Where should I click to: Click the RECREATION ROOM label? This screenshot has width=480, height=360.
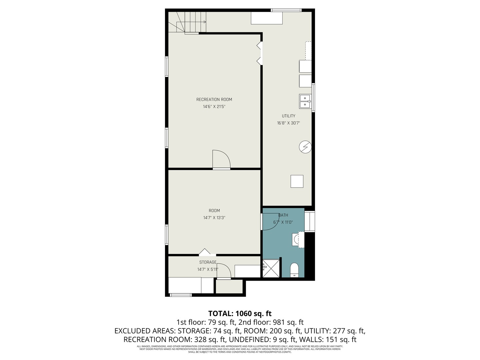point(214,99)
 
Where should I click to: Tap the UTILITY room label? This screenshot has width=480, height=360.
point(288,116)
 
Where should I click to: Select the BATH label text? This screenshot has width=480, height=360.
point(283,215)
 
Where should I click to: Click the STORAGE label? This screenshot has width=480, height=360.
point(208,262)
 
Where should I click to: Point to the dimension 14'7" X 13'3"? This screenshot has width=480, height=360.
point(214,218)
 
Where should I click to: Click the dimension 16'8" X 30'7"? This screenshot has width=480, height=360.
point(288,123)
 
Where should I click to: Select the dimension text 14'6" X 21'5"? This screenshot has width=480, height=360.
point(214,107)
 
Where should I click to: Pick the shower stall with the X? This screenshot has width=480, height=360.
point(271,268)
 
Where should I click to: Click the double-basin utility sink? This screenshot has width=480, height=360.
point(305,101)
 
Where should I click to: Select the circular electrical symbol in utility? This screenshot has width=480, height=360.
point(305,147)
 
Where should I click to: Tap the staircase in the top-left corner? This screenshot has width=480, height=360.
point(187,22)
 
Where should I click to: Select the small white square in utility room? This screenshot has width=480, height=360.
point(297,181)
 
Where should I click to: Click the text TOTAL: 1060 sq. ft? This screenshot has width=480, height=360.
point(240,313)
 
